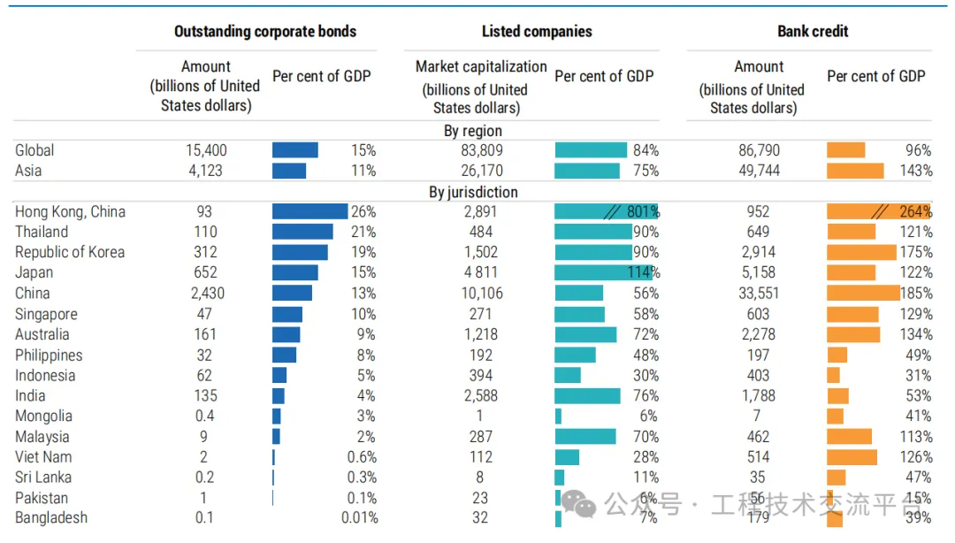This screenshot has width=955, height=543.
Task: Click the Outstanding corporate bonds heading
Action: coord(264,32)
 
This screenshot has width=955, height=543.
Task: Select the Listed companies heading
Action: coord(537,32)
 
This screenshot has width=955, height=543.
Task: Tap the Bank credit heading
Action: coord(813,32)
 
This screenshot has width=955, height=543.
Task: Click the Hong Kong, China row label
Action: coord(70,212)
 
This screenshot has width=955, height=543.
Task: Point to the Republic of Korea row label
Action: coord(70,252)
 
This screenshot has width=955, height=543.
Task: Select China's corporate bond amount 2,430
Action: coord(205,294)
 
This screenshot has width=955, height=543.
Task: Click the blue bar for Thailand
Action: coord(302,232)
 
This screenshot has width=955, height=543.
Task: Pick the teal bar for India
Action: coord(587,395)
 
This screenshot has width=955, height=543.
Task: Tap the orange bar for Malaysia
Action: coord(849,436)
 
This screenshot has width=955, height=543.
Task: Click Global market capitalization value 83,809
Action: coord(480,150)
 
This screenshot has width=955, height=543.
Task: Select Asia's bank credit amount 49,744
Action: coord(759,171)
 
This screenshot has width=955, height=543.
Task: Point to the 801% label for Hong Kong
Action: coord(643,212)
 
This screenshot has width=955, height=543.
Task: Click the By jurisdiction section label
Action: coord(473,192)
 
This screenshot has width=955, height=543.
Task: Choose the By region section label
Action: coord(473,131)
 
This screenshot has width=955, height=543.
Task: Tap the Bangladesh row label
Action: coord(51,518)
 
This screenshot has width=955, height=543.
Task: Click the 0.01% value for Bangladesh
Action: coord(360,518)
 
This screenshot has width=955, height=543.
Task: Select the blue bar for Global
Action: coord(294,150)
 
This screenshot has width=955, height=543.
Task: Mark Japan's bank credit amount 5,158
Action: coord(759,272)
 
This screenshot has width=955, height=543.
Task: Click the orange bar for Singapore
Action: coord(852,314)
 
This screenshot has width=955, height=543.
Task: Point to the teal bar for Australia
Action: coord(585,334)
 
